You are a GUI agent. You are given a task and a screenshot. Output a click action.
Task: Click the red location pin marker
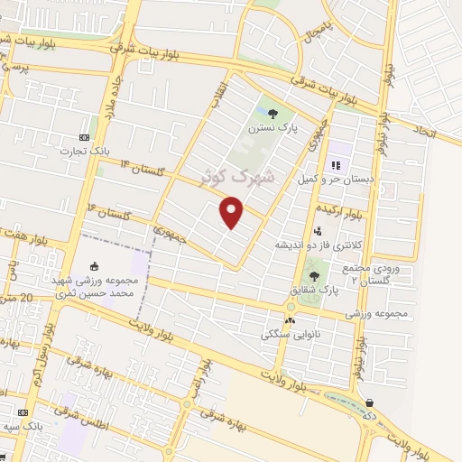point(233,212)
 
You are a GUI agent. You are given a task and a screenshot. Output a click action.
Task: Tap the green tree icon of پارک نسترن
point(273,113)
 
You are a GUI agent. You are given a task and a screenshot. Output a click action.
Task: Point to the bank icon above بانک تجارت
point(85,136)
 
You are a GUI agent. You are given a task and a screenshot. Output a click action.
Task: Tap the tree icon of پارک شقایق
point(314,275)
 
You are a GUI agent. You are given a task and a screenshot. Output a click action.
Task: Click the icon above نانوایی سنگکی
point(290,319)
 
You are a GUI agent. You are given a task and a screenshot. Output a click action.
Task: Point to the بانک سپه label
point(24,425)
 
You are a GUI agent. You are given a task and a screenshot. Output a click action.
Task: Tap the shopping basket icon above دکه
point(369,402)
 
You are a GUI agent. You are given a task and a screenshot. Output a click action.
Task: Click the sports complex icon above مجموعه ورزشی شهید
point(95,262)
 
